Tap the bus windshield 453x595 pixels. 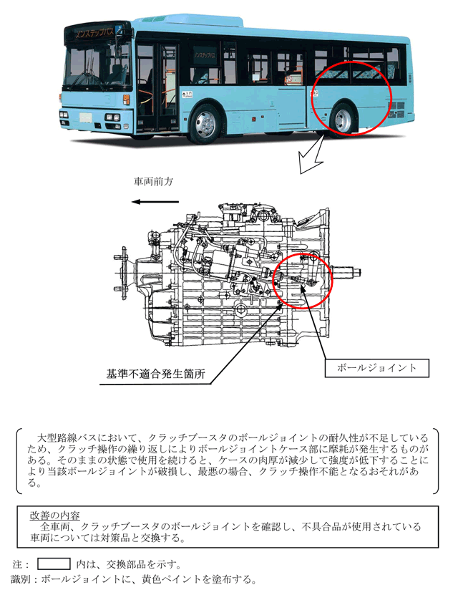pos(97,67)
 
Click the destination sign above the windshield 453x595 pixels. pos(94,32)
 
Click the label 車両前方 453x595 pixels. pos(153,181)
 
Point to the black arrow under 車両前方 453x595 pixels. pos(155,202)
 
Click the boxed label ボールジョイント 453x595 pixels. pos(376,368)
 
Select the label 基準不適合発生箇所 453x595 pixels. pos(155,374)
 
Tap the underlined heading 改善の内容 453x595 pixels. pos(55,516)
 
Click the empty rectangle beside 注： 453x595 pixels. pos(54,563)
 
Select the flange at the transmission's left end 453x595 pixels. pos(122,273)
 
